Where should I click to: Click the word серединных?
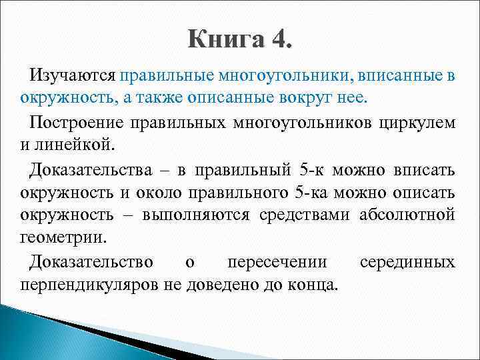pos(407,262)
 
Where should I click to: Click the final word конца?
pos(315,285)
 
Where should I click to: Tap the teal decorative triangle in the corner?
pos(40,333)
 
